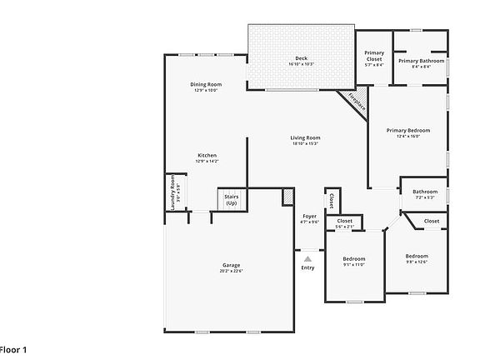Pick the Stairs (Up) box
[231, 200]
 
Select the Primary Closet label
[374, 57]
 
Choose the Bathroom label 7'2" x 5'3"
[425, 194]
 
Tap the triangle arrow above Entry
[307, 259]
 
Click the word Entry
[308, 267]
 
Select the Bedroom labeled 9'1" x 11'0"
[354, 261]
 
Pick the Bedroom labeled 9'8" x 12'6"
[417, 258]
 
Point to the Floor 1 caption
[14, 348]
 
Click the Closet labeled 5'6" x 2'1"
[344, 223]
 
